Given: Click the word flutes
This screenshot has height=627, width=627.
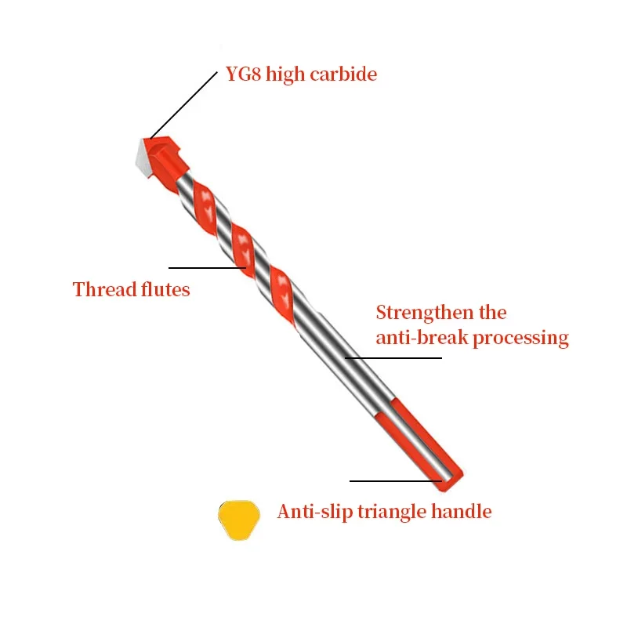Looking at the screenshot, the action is pyautogui.click(x=166, y=290).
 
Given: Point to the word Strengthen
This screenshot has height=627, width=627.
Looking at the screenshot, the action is pyautogui.click(x=425, y=313).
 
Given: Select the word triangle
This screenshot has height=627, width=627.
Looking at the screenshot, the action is pyautogui.click(x=390, y=513).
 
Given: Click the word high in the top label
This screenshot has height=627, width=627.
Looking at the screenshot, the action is pyautogui.click(x=285, y=75).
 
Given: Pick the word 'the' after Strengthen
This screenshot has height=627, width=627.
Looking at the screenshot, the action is pyautogui.click(x=492, y=313).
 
